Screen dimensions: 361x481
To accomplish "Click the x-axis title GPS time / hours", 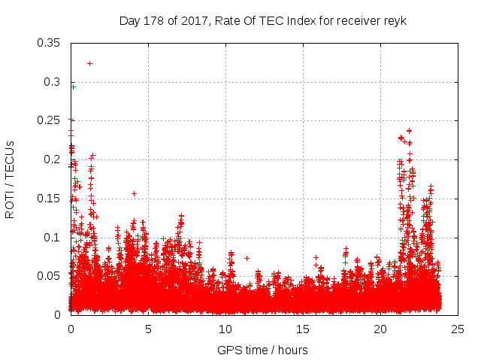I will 262,350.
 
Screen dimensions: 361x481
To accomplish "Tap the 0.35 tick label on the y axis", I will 50,43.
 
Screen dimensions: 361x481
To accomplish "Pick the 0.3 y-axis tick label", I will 53,82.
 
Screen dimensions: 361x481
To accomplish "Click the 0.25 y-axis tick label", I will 50,120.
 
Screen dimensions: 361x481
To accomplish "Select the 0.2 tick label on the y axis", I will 53,159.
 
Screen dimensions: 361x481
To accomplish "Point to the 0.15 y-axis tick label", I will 50,199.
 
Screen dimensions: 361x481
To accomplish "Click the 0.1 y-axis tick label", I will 53,237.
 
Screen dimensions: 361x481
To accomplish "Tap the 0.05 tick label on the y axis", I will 50,276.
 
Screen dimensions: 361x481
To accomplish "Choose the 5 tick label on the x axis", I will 148,329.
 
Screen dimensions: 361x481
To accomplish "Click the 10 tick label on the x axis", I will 225,329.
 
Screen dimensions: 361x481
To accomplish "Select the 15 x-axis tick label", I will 303,329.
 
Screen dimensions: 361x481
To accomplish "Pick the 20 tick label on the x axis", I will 380,329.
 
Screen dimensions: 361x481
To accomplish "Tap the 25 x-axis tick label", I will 458,329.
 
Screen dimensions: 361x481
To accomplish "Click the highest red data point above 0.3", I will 89,63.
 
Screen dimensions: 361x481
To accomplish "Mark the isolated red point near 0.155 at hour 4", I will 134,193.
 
